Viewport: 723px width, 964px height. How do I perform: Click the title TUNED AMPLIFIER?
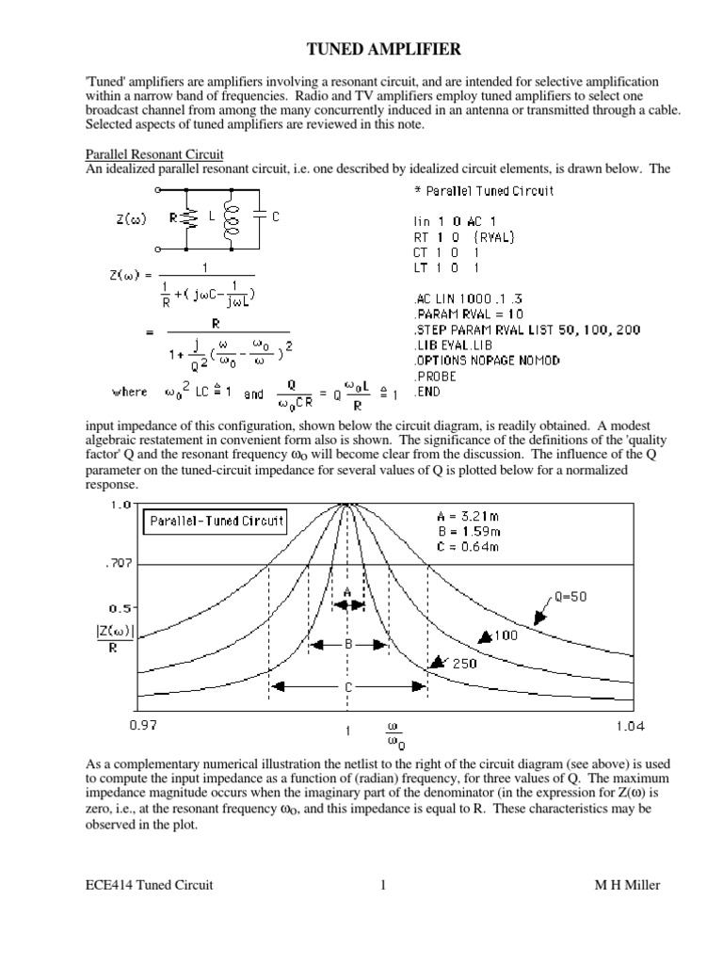coord(361,49)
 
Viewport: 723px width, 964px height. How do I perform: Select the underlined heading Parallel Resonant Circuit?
coord(153,154)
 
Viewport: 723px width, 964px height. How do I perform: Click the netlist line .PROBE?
coord(438,375)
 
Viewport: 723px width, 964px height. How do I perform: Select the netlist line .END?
coord(430,390)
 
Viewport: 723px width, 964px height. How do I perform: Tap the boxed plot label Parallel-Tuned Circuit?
coord(215,521)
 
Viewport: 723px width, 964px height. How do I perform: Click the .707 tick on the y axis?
coord(119,564)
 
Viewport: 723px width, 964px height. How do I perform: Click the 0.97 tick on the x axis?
coord(142,725)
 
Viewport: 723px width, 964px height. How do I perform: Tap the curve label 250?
coord(464,663)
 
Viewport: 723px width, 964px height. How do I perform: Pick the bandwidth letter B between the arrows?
coord(347,645)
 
